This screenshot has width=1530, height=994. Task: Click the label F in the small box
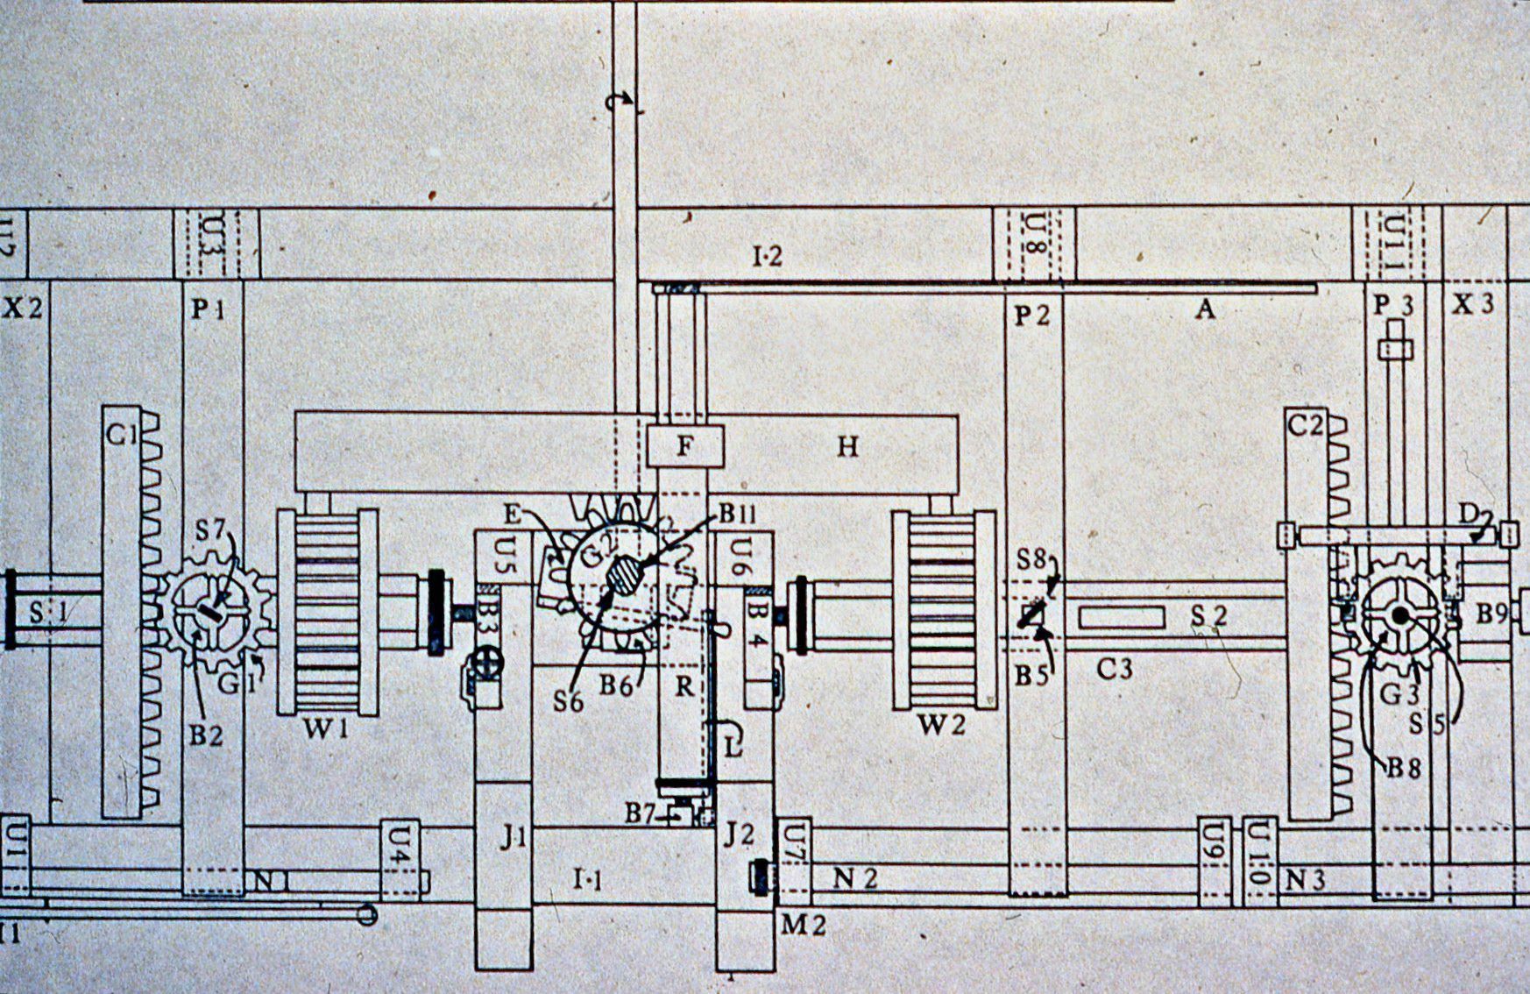[685, 447]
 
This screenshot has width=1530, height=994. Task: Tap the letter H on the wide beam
[846, 447]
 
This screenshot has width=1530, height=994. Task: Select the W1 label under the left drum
[324, 728]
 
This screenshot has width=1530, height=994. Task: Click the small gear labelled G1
[215, 611]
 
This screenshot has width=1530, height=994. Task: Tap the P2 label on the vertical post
[1031, 315]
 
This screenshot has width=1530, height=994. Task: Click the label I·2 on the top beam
[767, 257]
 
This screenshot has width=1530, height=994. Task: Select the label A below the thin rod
[1206, 309]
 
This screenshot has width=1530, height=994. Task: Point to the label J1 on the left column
[513, 838]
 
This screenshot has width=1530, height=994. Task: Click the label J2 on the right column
[740, 834]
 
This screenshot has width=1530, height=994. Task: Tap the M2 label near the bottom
[804, 925]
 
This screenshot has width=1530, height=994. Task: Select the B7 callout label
[641, 814]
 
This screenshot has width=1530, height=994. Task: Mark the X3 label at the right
[1473, 305]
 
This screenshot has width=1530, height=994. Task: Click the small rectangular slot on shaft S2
[1122, 617]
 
